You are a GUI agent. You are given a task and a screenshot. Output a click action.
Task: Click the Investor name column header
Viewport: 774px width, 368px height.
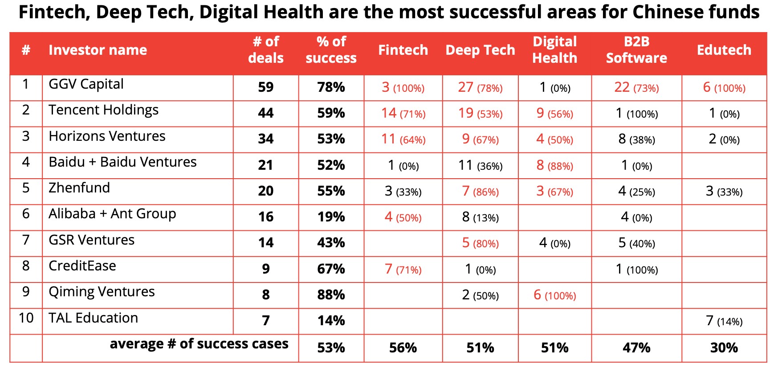pyautogui.click(x=98, y=50)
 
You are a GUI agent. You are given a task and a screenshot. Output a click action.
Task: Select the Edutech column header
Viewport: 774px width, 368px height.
pyautogui.click(x=724, y=50)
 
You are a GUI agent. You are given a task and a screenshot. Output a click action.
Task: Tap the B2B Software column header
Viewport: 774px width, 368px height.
pyautogui.click(x=636, y=50)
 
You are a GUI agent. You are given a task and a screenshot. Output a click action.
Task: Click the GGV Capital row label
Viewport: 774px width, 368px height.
pyautogui.click(x=86, y=84)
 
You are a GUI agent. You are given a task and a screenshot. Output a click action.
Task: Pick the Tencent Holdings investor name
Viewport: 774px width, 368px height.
pyautogui.click(x=103, y=110)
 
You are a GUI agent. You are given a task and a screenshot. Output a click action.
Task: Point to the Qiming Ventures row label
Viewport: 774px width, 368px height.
pyautogui.click(x=102, y=292)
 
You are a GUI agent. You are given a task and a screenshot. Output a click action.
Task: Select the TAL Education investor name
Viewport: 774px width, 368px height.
pyautogui.click(x=93, y=318)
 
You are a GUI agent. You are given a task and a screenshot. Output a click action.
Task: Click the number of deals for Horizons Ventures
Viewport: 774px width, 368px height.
pyautogui.click(x=265, y=139)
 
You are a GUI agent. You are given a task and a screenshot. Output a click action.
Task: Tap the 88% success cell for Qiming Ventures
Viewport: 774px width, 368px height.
pyautogui.click(x=331, y=295)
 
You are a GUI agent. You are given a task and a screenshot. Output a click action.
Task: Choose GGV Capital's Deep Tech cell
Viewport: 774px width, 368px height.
pyautogui.click(x=480, y=87)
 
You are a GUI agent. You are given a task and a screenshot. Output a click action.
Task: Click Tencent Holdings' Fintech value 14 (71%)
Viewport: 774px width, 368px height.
pyautogui.click(x=403, y=113)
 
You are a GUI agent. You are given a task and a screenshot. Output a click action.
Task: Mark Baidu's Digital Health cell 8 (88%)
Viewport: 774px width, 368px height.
pyautogui.click(x=554, y=165)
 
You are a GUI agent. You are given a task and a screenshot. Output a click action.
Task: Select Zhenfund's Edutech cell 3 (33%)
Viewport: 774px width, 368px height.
pyautogui.click(x=724, y=191)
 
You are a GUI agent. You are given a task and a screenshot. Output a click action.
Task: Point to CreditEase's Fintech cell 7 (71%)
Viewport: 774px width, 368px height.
pyautogui.click(x=403, y=269)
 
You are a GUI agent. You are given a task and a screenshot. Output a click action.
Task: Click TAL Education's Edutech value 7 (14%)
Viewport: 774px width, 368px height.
pyautogui.click(x=724, y=321)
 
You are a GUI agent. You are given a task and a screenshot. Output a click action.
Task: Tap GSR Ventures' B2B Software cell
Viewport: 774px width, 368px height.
pyautogui.click(x=636, y=243)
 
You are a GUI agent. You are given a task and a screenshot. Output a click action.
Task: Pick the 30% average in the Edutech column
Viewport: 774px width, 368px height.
pyautogui.click(x=724, y=348)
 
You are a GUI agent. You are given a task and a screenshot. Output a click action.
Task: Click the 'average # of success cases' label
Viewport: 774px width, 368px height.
pyautogui.click(x=199, y=344)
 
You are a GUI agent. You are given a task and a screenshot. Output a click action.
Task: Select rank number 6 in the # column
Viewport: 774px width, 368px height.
pyautogui.click(x=26, y=214)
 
